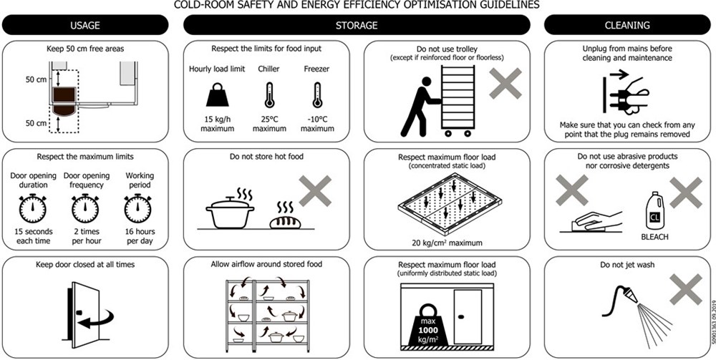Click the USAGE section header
pos(85,25)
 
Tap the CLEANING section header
pos(627,25)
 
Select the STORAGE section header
pos(357,25)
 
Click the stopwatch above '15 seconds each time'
pos(32,208)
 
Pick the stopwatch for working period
pos(137,208)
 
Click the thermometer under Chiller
pos(269,95)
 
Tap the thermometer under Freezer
pos(317,95)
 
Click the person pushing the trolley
pos(420,107)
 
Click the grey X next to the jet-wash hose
pos(685,289)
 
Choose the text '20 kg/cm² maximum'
pos(447,243)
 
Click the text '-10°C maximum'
pos(317,124)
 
